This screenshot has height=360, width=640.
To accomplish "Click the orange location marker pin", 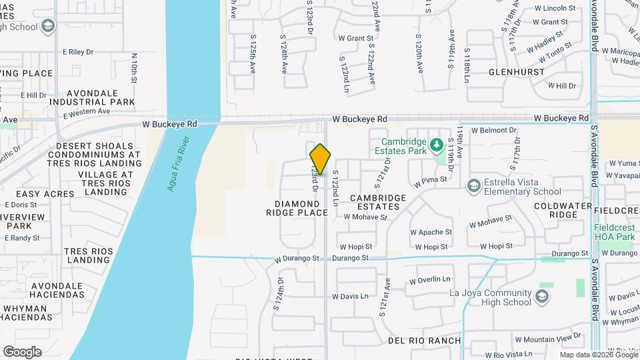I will [321, 159].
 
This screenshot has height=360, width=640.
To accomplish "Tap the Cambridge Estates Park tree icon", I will [437, 144].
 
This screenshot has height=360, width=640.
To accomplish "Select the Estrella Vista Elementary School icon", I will [474, 185].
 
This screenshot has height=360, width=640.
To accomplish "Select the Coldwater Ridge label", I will [565, 211].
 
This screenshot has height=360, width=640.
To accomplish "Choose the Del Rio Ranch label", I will [425, 341].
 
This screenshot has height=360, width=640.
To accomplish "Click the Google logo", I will [22, 351].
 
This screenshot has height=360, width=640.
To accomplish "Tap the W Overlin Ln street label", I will [430, 280].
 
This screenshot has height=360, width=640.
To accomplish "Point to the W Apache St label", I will [431, 233].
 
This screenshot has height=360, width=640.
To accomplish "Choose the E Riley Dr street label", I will [78, 51].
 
